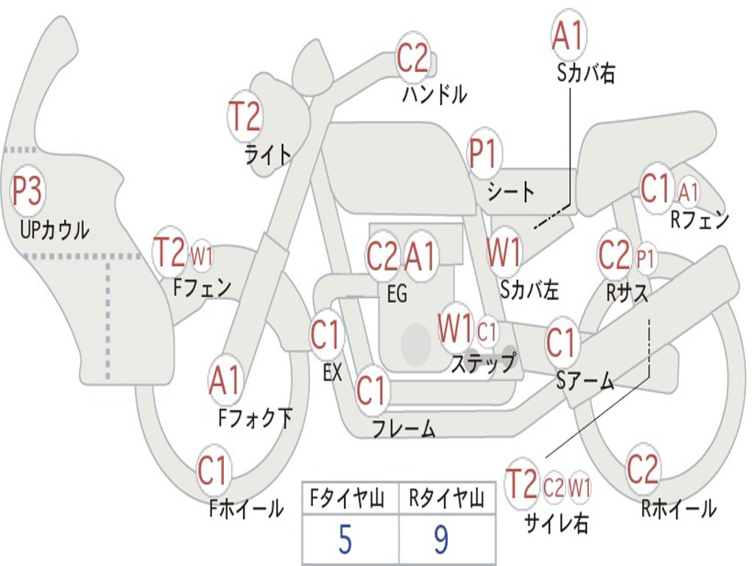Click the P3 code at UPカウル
[x=27, y=192]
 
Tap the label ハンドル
[x=434, y=94]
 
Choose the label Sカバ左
[x=529, y=290]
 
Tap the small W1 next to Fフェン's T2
[x=202, y=256]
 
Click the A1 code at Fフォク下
[x=225, y=381]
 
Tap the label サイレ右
[x=556, y=523]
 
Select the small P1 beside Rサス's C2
[x=645, y=259]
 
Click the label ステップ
[x=484, y=363]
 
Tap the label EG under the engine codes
[x=397, y=294]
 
